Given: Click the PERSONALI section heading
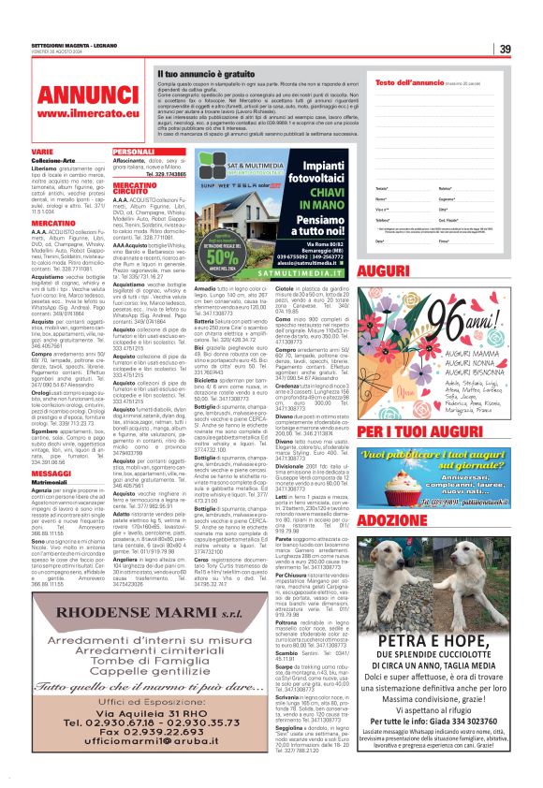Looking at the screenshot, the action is (133, 151).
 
